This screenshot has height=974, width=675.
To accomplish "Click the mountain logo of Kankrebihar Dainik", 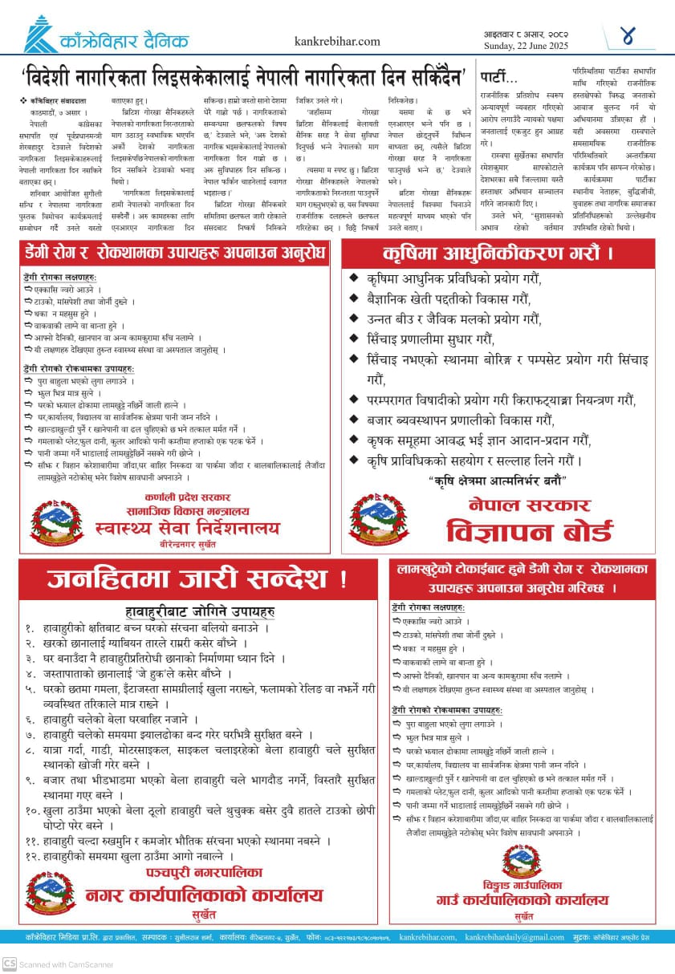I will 40,36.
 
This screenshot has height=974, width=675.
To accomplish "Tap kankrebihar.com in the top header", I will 337,41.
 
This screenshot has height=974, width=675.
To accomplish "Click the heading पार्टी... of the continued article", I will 498,78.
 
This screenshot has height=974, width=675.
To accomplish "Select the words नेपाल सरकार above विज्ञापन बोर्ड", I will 530,505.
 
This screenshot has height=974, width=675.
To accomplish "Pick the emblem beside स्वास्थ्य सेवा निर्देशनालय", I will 56,521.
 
